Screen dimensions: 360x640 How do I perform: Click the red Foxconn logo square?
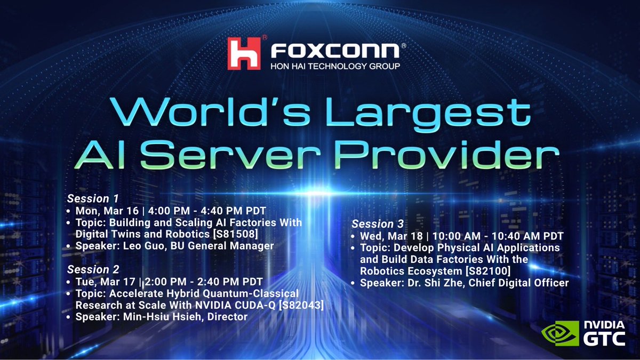click(244, 53)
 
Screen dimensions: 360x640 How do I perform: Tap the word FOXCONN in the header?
click(335, 51)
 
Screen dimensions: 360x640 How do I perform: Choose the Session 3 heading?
click(378, 223)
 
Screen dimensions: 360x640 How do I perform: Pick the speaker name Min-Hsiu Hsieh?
click(158, 317)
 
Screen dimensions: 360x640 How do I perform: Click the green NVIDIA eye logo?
click(559, 333)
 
